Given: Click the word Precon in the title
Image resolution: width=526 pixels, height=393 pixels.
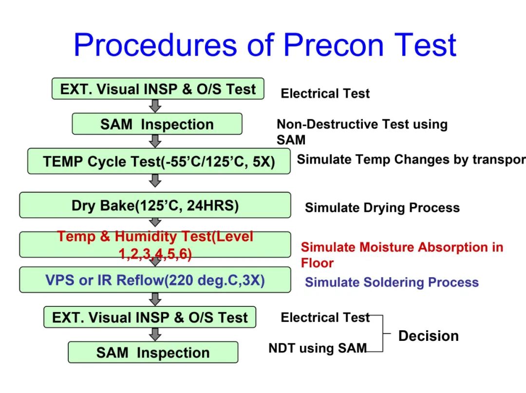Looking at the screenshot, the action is click(x=334, y=45).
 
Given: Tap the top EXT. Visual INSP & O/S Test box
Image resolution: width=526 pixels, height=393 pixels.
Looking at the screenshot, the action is click(x=158, y=89).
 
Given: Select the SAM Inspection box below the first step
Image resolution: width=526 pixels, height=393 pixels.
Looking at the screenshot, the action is click(x=157, y=124).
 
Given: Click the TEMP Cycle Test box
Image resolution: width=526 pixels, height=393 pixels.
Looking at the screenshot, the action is click(x=159, y=161).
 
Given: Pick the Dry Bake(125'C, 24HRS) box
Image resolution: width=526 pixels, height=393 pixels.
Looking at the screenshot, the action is click(x=155, y=205).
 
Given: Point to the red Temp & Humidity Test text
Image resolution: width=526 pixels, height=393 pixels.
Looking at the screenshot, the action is click(x=155, y=245).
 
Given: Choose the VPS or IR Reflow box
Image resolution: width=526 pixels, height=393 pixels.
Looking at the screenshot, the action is click(x=155, y=280).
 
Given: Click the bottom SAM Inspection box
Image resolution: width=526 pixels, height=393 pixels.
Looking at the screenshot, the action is click(x=153, y=353).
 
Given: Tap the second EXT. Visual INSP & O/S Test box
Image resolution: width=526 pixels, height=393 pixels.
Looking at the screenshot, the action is click(x=150, y=317).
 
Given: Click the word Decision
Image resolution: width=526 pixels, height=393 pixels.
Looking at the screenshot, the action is click(x=429, y=336).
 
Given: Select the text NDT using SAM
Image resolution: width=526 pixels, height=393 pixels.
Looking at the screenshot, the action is click(x=318, y=348).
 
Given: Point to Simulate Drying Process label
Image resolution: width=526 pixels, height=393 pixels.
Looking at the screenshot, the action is click(x=382, y=207).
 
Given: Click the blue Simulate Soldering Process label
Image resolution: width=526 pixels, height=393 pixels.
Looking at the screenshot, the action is click(x=392, y=282).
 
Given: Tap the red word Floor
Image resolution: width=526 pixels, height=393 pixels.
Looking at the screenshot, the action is click(x=317, y=263).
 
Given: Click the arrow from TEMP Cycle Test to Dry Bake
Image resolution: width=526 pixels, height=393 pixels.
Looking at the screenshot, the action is click(x=155, y=180).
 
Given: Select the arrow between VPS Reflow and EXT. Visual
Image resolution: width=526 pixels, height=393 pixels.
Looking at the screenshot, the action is click(x=155, y=299).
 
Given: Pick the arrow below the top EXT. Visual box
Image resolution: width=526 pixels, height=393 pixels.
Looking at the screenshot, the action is click(x=155, y=106).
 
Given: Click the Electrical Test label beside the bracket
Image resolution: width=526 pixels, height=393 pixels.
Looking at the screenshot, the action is click(x=325, y=317).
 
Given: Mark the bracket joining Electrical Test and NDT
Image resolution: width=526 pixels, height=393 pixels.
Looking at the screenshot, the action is click(x=383, y=333).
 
